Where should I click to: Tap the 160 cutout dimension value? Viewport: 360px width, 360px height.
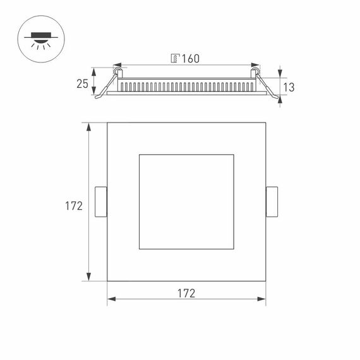(x=190, y=59)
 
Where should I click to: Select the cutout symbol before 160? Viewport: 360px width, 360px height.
(x=175, y=59)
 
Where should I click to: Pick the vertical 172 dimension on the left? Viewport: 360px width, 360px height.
(x=74, y=205)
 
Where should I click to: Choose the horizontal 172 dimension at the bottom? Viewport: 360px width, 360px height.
(x=185, y=293)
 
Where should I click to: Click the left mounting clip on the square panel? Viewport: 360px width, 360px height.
(x=100, y=202)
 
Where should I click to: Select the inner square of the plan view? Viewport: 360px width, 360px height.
(x=186, y=201)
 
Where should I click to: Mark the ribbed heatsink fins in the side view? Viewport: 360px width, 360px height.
(x=186, y=85)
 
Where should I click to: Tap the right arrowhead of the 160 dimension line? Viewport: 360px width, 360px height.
(x=257, y=64)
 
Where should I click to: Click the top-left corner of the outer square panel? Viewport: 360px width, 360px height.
(x=107, y=123)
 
